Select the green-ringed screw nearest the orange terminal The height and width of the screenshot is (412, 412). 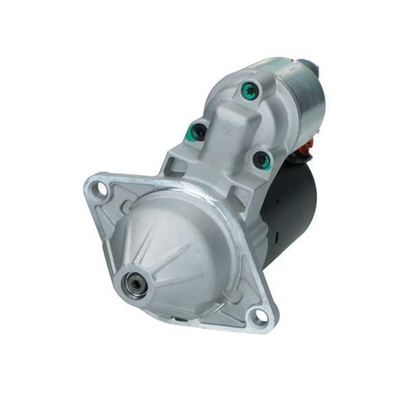[262, 161]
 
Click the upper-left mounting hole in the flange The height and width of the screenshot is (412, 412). [101, 188]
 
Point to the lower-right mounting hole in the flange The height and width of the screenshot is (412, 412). [257, 315]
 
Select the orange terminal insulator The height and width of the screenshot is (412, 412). [308, 146]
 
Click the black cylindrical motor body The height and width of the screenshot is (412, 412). [292, 206]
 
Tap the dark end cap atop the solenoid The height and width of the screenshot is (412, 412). [311, 67]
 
